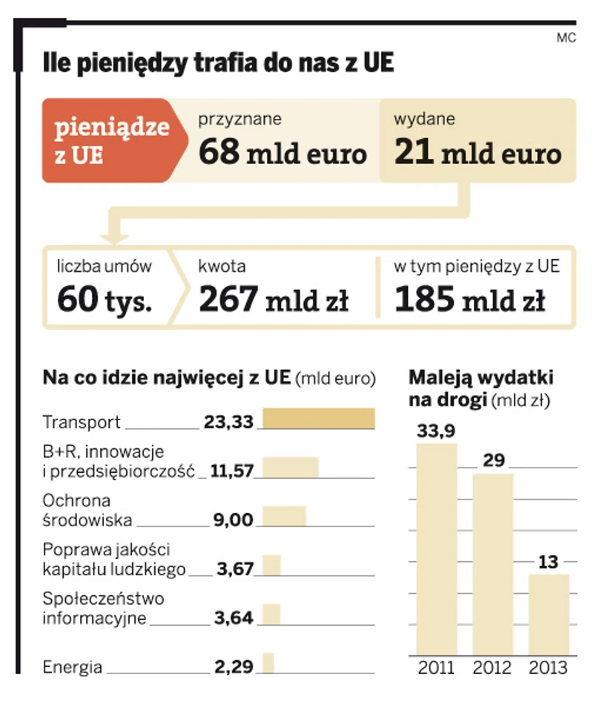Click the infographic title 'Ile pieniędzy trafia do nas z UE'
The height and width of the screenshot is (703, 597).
(218, 63)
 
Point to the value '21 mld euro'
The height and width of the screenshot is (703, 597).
(478, 154)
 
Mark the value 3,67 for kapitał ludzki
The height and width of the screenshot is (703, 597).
(235, 569)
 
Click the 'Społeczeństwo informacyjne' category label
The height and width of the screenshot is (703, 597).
(103, 607)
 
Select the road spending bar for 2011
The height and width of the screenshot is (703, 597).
(437, 549)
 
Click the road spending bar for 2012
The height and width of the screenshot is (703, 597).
(492, 564)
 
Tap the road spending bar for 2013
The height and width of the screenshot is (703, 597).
(548, 614)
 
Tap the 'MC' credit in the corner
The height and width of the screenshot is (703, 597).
(566, 38)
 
